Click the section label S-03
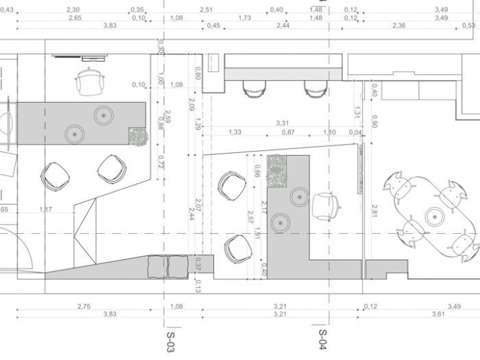click(171, 342)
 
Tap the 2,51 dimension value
click(206, 10)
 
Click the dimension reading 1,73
click(244, 17)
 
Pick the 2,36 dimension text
click(398, 25)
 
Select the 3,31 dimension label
click(282, 123)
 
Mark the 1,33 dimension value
click(235, 132)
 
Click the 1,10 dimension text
click(329, 132)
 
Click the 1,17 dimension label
click(46, 209)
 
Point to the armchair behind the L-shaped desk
click(325, 207)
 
